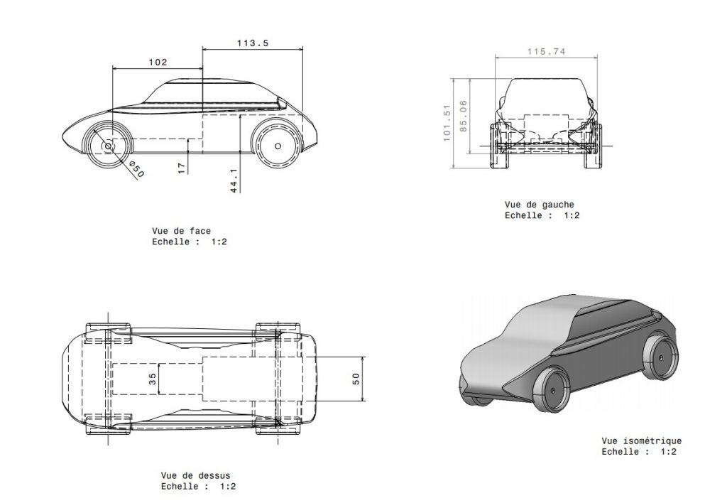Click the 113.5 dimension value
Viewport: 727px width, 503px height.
click(x=253, y=43)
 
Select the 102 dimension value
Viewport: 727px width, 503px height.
click(x=158, y=63)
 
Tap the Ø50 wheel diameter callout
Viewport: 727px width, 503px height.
click(x=137, y=169)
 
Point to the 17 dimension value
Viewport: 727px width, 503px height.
click(x=182, y=168)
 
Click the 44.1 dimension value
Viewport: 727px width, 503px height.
click(x=234, y=180)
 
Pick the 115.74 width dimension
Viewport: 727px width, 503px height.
click(x=547, y=51)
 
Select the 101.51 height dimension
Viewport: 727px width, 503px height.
click(x=447, y=122)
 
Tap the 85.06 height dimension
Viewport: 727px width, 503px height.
click(x=463, y=116)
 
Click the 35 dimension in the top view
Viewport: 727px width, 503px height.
click(x=152, y=379)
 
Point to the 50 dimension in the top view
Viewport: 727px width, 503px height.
click(x=356, y=379)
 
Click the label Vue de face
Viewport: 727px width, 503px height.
click(x=181, y=231)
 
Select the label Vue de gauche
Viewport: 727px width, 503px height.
click(x=540, y=205)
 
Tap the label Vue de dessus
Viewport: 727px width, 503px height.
click(x=196, y=475)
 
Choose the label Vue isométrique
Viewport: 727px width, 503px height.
click(x=642, y=440)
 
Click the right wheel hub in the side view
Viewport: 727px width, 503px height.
click(x=278, y=146)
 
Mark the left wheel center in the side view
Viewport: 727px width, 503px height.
click(x=109, y=146)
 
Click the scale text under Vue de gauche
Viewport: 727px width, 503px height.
click(x=542, y=215)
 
